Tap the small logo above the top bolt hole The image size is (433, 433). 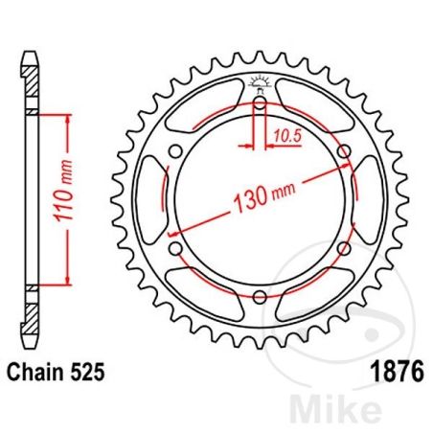coord(260,82)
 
